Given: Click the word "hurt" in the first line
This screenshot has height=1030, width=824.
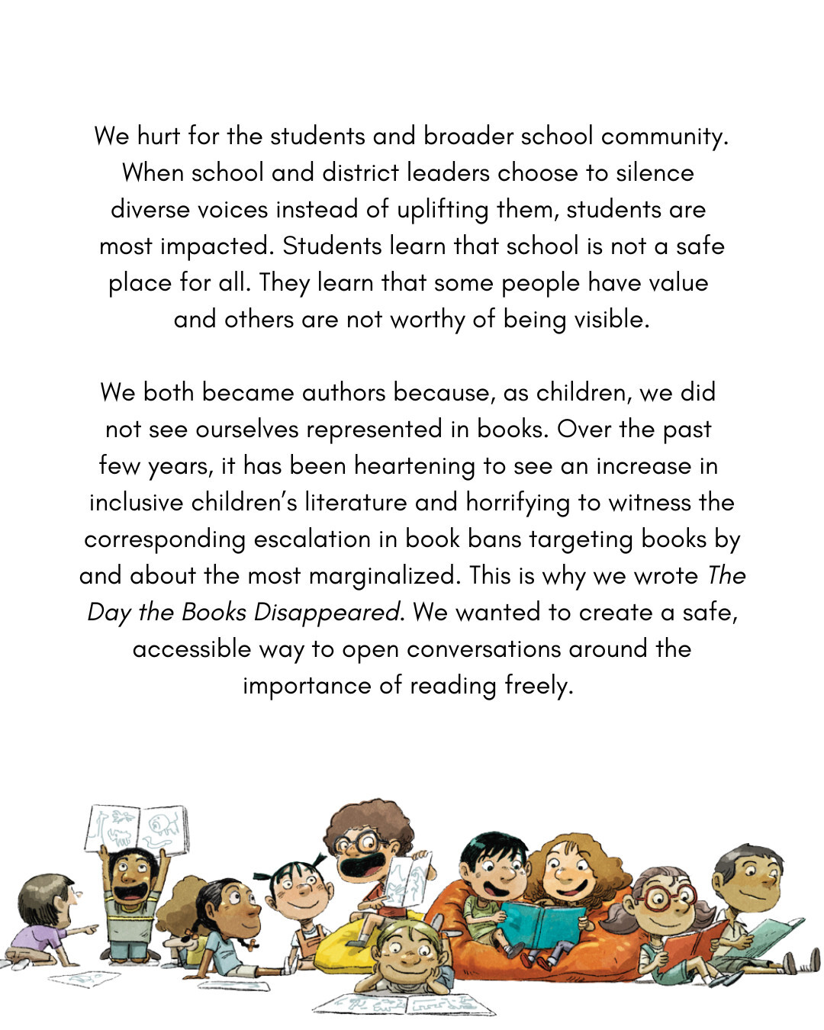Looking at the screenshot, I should point(158,136).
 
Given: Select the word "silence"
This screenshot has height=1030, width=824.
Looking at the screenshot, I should point(655,172).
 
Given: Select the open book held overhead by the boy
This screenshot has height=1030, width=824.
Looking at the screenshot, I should point(137,828).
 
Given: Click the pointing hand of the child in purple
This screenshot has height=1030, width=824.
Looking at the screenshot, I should point(90,929).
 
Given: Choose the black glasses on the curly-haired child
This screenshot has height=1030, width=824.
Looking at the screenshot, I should point(363,844).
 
